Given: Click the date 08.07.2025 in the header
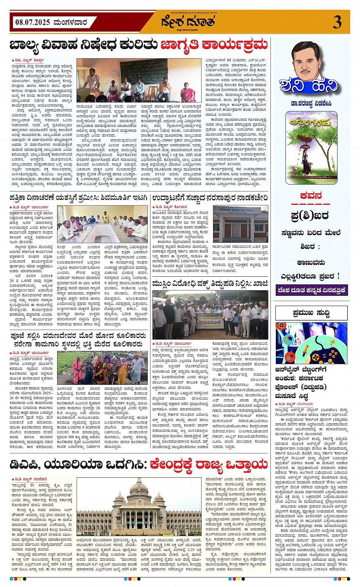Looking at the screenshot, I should pyautogui.click(x=32, y=22).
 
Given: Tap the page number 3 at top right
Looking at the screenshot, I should pyautogui.click(x=337, y=22).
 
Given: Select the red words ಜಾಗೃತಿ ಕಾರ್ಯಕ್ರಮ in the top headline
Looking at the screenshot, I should pyautogui.click(x=214, y=45).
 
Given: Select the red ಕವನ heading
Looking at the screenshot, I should pyautogui.click(x=311, y=196).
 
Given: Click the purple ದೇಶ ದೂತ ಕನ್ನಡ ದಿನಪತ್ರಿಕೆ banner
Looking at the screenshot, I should pyautogui.click(x=311, y=290).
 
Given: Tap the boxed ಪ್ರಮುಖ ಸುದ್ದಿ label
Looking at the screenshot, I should pyautogui.click(x=311, y=313).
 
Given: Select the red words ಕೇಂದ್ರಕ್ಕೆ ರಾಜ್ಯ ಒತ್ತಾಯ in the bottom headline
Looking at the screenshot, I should pyautogui.click(x=209, y=464).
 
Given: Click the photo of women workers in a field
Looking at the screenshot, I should pyautogui.click(x=101, y=368).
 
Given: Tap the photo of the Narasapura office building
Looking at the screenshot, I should pyautogui.click(x=240, y=224).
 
